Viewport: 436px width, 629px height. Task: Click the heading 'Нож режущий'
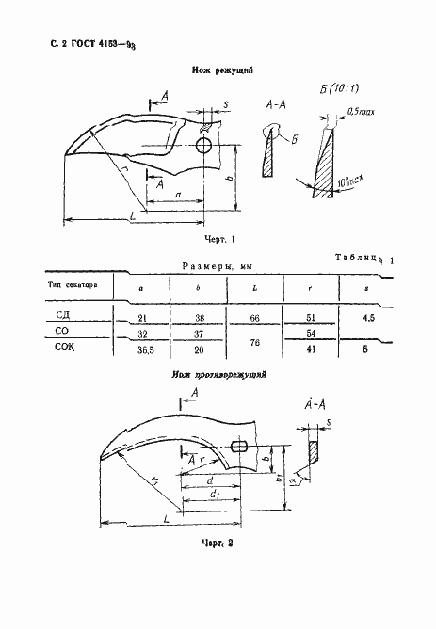[x=218, y=70]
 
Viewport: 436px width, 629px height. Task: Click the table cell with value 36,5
[x=142, y=350]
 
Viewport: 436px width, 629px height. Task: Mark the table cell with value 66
[x=254, y=320]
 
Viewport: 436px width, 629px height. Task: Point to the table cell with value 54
[x=313, y=335]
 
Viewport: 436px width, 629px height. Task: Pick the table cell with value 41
[x=313, y=350]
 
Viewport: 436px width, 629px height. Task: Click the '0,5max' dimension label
[x=357, y=112]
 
